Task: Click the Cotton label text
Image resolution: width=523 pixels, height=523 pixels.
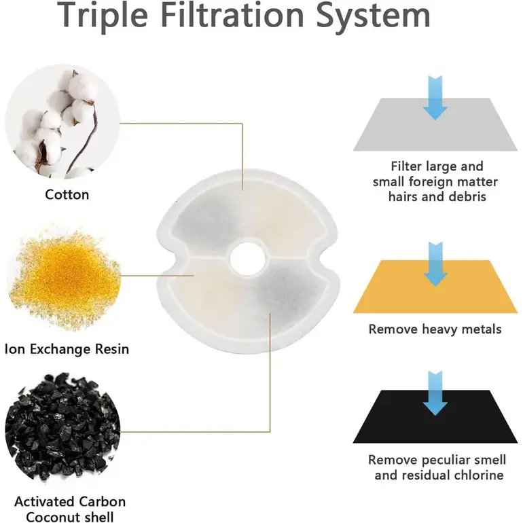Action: (67, 194)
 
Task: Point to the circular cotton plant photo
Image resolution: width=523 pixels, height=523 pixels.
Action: (62, 124)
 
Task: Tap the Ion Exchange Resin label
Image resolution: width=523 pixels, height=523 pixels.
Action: (67, 349)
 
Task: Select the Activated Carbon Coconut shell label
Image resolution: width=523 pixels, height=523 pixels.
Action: (70, 509)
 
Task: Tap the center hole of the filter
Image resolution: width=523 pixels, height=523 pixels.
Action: (247, 259)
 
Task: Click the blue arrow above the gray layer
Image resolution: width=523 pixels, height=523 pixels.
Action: (435, 98)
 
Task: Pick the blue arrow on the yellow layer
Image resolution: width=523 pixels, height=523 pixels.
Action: (435, 264)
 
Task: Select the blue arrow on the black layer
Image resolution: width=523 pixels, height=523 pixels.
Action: (435, 393)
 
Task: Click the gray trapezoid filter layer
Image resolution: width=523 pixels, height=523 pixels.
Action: (435, 124)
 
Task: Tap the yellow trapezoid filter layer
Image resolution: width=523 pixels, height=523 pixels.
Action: (435, 287)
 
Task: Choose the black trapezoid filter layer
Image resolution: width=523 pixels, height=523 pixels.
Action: (435, 416)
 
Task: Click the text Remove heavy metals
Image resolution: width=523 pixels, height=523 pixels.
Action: (435, 329)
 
